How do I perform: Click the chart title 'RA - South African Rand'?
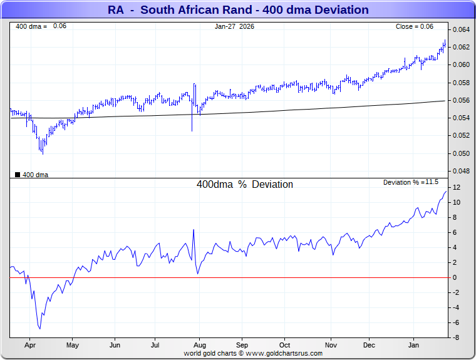pyautogui.click(x=238, y=10)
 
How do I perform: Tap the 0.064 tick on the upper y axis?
pyautogui.click(x=462, y=29)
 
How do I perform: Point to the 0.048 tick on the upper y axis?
pyautogui.click(x=462, y=171)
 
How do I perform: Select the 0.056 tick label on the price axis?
pyautogui.click(x=462, y=100)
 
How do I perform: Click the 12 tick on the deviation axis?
pyautogui.click(x=457, y=187)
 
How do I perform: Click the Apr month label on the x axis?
pyautogui.click(x=29, y=345)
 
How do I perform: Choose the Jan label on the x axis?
pyautogui.click(x=414, y=345)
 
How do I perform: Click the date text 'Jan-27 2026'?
pyautogui.click(x=234, y=26)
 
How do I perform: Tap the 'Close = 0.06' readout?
pyautogui.click(x=414, y=26)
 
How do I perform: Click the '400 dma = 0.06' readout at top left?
pyautogui.click(x=41, y=26)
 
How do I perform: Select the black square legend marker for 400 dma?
pyautogui.click(x=18, y=175)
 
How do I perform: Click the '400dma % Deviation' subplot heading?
pyautogui.click(x=245, y=185)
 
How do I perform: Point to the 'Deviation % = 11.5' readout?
pyautogui.click(x=411, y=182)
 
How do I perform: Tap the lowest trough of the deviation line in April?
pyautogui.click(x=40, y=328)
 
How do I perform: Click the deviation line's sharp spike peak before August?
pyautogui.click(x=194, y=230)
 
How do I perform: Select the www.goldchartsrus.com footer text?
pyautogui.click(x=253, y=353)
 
